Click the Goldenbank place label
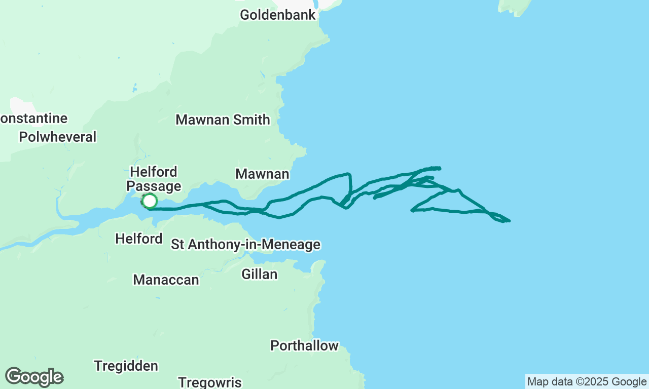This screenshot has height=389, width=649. pyautogui.click(x=278, y=15)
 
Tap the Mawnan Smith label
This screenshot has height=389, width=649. pyautogui.click(x=223, y=120)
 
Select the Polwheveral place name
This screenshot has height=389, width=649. pyautogui.click(x=57, y=137)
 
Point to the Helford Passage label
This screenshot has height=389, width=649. pyautogui.click(x=154, y=179)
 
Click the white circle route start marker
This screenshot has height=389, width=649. pyautogui.click(x=149, y=201)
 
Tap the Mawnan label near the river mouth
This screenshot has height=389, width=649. pyautogui.click(x=262, y=174)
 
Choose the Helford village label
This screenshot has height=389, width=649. pyautogui.click(x=139, y=239)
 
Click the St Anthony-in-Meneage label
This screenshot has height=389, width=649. pyautogui.click(x=245, y=245)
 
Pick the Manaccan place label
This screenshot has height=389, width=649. pyautogui.click(x=166, y=280)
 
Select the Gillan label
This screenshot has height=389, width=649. pyautogui.click(x=259, y=275)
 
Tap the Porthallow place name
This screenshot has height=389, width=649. pyautogui.click(x=304, y=346)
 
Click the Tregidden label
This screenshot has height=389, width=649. pyautogui.click(x=126, y=366)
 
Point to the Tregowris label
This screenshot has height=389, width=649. pyautogui.click(x=210, y=382)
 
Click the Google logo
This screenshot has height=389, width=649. pyautogui.click(x=34, y=377)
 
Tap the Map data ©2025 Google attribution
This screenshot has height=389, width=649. pyautogui.click(x=587, y=382)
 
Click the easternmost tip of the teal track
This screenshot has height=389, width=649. pyautogui.click(x=510, y=221)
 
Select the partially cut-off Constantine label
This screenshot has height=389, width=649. pyautogui.click(x=33, y=119)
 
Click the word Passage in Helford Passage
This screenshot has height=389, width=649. pyautogui.click(x=154, y=186)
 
